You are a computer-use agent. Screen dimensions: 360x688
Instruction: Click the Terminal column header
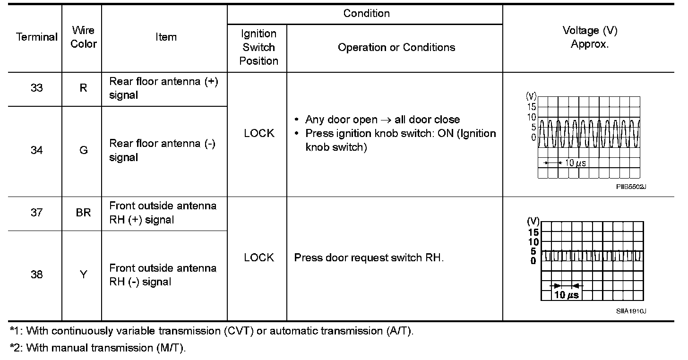click(37, 37)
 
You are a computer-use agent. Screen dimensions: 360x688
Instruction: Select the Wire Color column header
click(84, 37)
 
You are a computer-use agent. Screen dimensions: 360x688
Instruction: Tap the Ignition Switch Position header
click(258, 47)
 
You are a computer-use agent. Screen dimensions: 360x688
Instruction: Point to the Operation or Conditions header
click(396, 47)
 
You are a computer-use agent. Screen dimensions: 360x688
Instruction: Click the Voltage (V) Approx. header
click(590, 37)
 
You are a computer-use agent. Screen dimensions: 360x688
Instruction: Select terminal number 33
click(37, 88)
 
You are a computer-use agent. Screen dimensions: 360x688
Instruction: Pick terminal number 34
click(37, 150)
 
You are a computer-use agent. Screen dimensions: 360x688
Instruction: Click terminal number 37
click(37, 213)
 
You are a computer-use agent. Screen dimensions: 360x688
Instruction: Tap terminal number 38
click(37, 274)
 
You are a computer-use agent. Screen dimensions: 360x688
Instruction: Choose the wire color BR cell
click(83, 213)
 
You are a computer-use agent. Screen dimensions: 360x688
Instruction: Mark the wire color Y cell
click(83, 274)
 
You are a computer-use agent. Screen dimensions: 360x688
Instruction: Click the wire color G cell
click(83, 150)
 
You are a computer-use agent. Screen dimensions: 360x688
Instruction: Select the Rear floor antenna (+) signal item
click(163, 88)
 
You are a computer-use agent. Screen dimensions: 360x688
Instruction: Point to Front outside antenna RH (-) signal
click(163, 275)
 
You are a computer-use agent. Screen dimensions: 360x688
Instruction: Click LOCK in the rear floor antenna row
click(259, 133)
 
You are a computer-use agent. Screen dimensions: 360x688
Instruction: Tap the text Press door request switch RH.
click(369, 258)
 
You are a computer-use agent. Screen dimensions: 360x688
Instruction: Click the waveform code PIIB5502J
click(631, 187)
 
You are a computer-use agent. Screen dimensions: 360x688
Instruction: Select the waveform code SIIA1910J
click(631, 311)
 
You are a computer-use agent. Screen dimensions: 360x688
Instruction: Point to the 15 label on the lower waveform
click(533, 232)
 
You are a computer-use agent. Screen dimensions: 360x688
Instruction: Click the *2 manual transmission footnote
click(98, 348)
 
